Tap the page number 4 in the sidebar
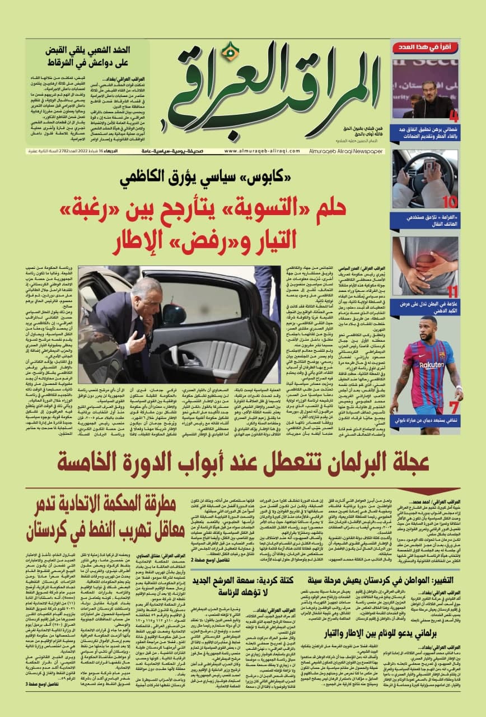(454, 117)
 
